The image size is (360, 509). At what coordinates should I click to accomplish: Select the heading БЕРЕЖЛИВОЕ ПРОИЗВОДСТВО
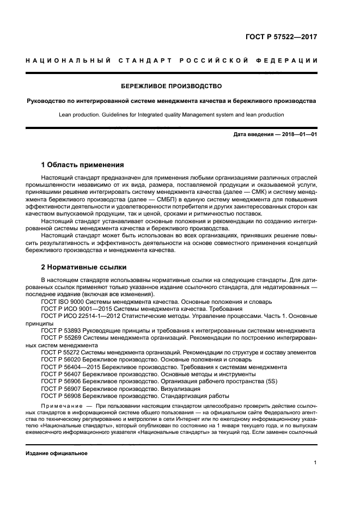click(x=171, y=86)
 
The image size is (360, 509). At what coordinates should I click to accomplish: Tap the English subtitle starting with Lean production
click(x=171, y=115)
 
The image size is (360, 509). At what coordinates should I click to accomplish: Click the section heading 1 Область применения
click(x=83, y=164)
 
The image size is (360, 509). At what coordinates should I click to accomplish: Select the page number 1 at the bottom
click(x=315, y=463)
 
